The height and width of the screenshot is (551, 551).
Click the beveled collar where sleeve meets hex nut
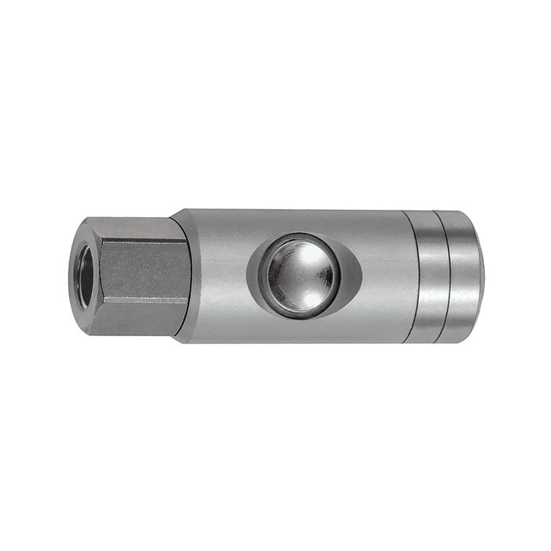(180, 275)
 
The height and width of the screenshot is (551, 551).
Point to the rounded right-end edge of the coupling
(479, 275)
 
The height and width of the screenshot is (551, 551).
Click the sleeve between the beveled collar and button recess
(216, 275)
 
